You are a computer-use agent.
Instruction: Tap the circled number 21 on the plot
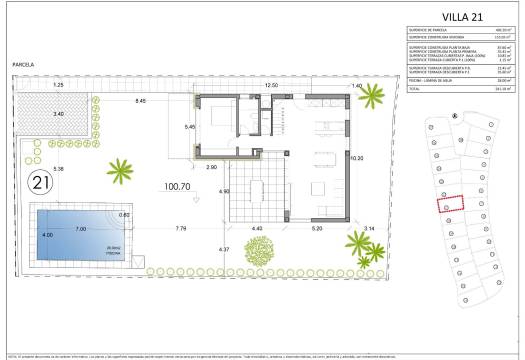tap(42, 185)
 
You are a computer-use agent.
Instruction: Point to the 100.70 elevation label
tap(178, 186)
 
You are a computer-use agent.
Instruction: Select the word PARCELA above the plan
tap(23, 64)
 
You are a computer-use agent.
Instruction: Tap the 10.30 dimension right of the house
tap(356, 158)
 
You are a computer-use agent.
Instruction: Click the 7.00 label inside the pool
tap(78, 229)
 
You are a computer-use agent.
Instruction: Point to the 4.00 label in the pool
tap(46, 235)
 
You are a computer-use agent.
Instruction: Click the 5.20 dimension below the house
tap(317, 229)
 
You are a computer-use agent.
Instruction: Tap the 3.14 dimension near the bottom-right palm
tap(369, 229)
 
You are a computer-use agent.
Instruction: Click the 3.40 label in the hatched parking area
tap(58, 114)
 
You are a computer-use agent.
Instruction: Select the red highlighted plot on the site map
tap(452, 202)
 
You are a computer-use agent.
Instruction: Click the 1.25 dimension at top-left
tap(58, 86)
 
